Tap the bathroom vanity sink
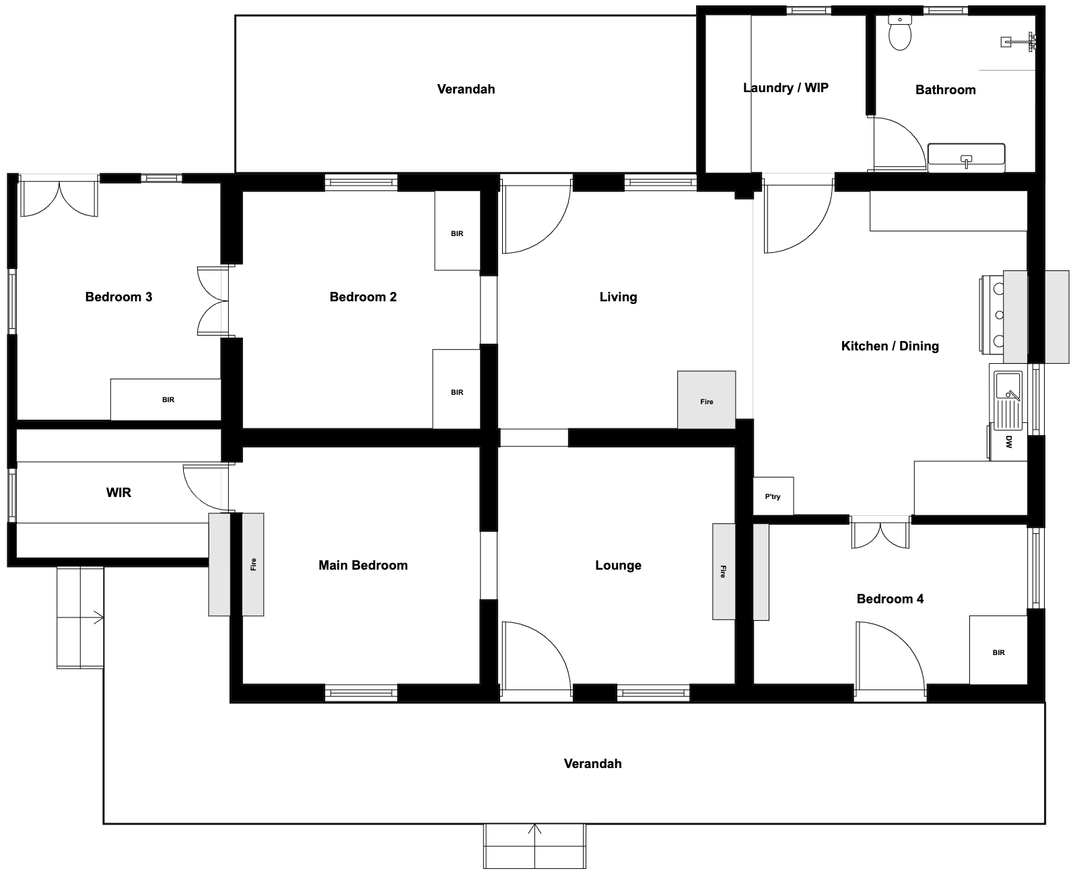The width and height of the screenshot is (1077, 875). click(x=966, y=157)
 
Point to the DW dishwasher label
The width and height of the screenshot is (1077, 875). click(x=1009, y=442)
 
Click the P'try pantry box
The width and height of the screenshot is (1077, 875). click(x=773, y=496)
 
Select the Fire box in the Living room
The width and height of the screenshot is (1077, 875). click(x=706, y=400)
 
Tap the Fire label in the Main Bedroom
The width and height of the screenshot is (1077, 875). click(x=253, y=564)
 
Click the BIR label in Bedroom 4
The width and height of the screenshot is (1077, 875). click(x=999, y=652)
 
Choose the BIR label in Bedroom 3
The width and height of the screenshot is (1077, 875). click(x=168, y=400)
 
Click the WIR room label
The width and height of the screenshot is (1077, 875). click(x=119, y=492)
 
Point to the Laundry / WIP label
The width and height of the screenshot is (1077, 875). click(x=786, y=88)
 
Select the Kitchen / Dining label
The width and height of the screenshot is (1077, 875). click(x=890, y=346)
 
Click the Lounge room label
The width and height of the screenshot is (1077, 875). click(x=619, y=565)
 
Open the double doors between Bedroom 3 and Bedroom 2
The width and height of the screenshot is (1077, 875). click(x=213, y=301)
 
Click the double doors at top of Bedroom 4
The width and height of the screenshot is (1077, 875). click(x=880, y=533)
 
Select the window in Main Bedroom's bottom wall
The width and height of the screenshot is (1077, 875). click(x=361, y=693)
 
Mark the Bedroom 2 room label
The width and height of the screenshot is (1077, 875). click(x=363, y=297)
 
